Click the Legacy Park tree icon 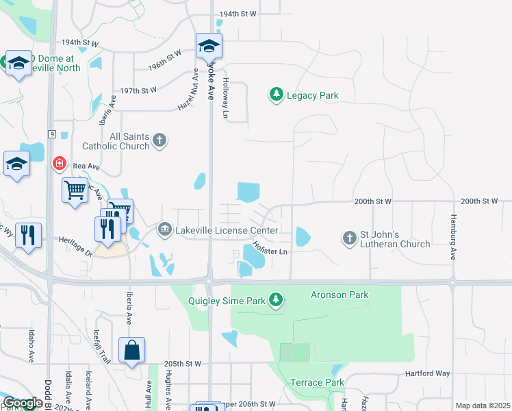[276, 95]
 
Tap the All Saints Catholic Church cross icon [159, 141]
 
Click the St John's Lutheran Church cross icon [349, 238]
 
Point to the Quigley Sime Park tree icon [276, 299]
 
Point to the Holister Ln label [269, 248]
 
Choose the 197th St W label [138, 90]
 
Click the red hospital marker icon [60, 163]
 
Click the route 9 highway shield [51, 134]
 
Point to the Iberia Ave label [129, 307]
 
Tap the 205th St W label [183, 364]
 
